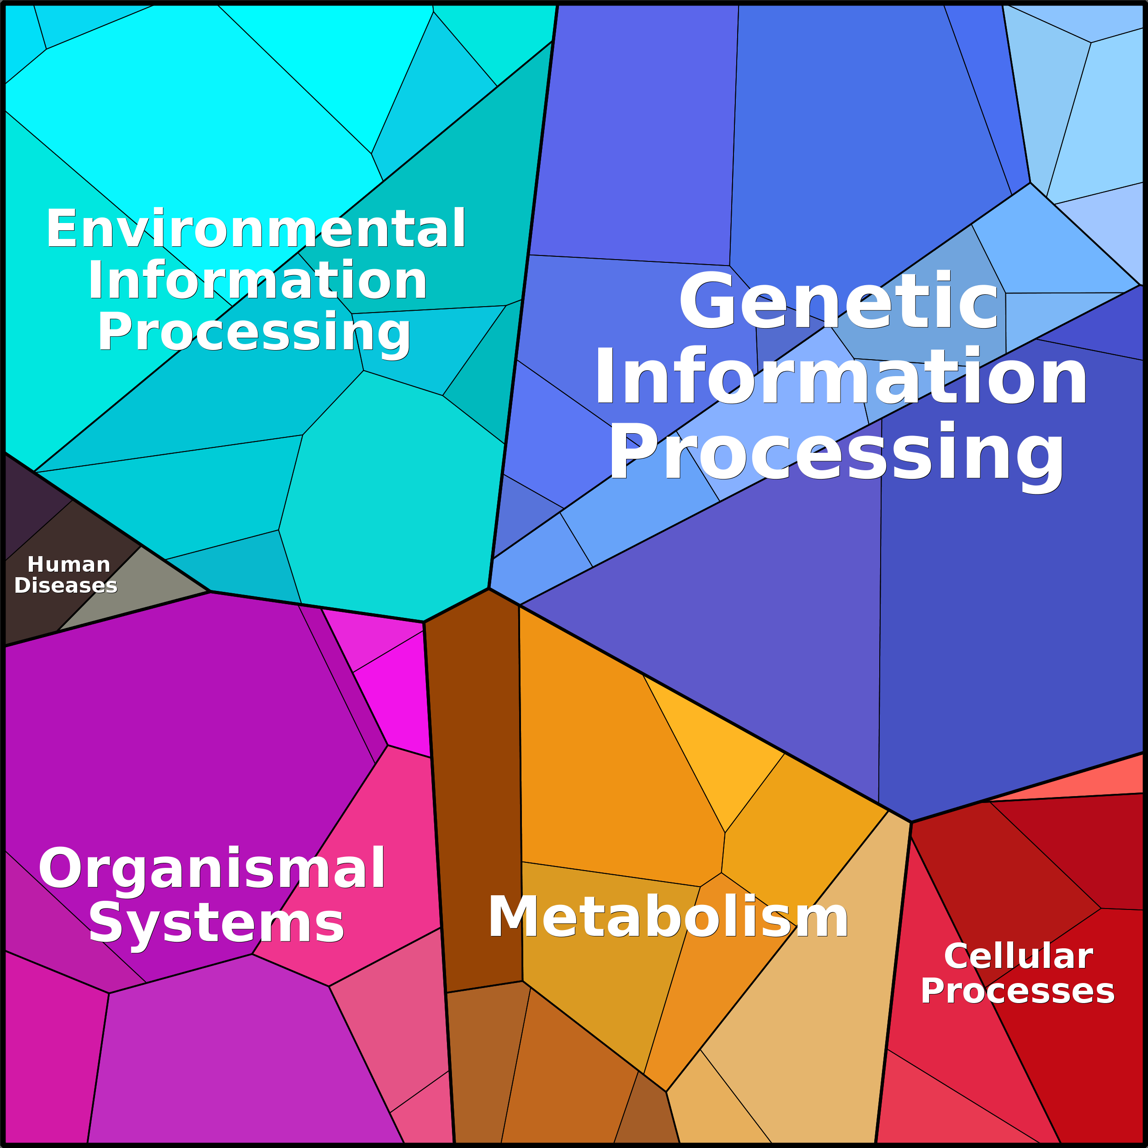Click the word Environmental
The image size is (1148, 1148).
coord(255,229)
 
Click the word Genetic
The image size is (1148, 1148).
coord(838,300)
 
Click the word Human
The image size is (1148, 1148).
coord(69,564)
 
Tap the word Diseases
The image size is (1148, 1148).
coord(66,585)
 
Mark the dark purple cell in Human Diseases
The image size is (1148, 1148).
coord(33,505)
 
